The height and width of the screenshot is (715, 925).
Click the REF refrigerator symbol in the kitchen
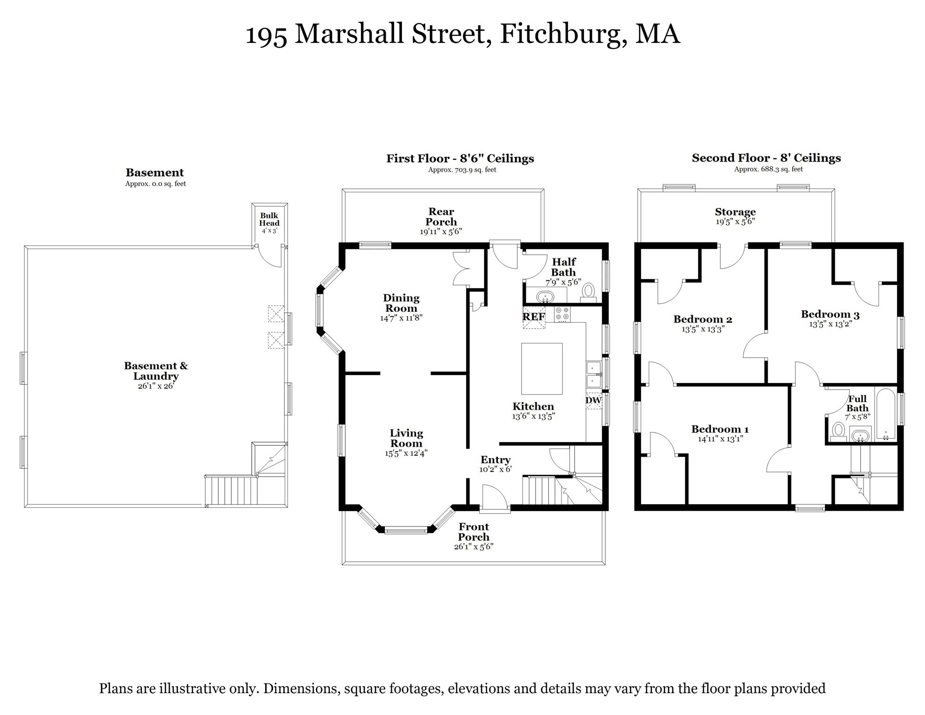(534, 317)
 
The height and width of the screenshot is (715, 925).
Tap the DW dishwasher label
(593, 400)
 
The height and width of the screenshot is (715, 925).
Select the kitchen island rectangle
(542, 369)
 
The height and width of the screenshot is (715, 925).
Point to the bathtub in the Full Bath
(885, 414)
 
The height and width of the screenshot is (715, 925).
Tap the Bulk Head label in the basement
(269, 219)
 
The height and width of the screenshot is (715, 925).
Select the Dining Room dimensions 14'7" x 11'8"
(401, 318)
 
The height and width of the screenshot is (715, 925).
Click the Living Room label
(406, 438)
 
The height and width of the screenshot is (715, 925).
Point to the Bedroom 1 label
(720, 429)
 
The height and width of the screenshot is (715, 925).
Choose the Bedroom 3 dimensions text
(830, 324)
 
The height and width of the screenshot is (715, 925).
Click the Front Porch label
(474, 532)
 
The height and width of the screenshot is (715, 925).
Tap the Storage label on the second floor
(735, 212)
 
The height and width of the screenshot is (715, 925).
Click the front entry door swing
(494, 497)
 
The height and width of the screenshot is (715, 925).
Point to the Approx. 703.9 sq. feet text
(462, 170)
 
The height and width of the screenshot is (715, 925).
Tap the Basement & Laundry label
(156, 371)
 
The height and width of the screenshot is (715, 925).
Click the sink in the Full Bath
(860, 436)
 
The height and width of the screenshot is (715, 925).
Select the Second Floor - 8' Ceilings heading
(766, 158)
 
